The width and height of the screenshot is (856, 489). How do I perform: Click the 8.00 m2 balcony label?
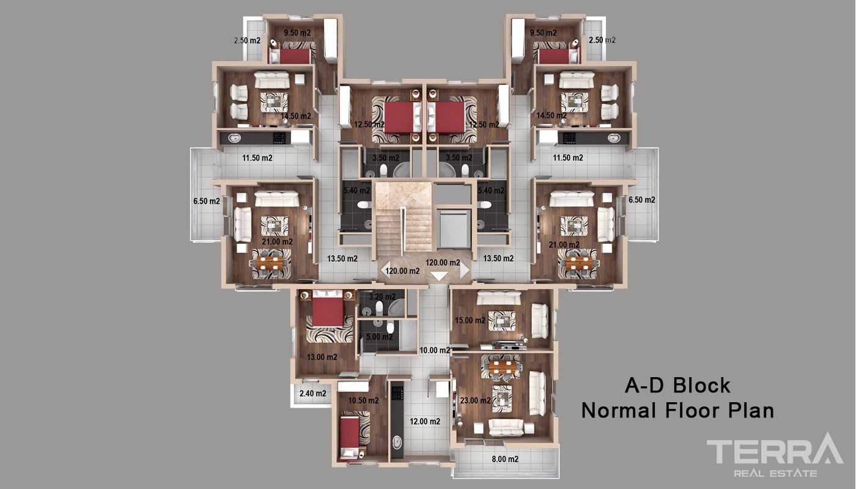click(x=505, y=459)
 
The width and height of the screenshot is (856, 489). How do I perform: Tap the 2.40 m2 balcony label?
click(x=313, y=393)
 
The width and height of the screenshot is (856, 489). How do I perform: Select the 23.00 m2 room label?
click(x=476, y=400)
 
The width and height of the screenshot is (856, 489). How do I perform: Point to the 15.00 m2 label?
click(x=470, y=320)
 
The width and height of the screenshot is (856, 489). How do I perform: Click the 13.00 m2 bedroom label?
click(x=322, y=357)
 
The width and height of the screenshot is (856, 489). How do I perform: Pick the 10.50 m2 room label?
click(x=363, y=400)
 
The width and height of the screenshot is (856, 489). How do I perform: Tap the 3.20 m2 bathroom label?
click(x=383, y=296)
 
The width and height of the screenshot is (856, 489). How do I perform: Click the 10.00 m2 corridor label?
click(x=435, y=350)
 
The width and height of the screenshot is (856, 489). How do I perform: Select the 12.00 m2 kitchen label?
click(x=425, y=421)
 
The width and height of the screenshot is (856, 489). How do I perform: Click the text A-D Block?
click(x=677, y=386)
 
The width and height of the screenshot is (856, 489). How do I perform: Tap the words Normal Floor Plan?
click(x=677, y=410)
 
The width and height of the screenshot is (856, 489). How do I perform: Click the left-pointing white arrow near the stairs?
click(x=385, y=270)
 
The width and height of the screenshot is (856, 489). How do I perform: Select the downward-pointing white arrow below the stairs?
click(x=439, y=276)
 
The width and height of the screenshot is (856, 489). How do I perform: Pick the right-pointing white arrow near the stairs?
click(x=464, y=270)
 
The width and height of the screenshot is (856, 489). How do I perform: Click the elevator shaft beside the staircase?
click(x=453, y=229)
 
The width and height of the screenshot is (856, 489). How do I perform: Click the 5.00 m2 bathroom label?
click(x=380, y=337)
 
